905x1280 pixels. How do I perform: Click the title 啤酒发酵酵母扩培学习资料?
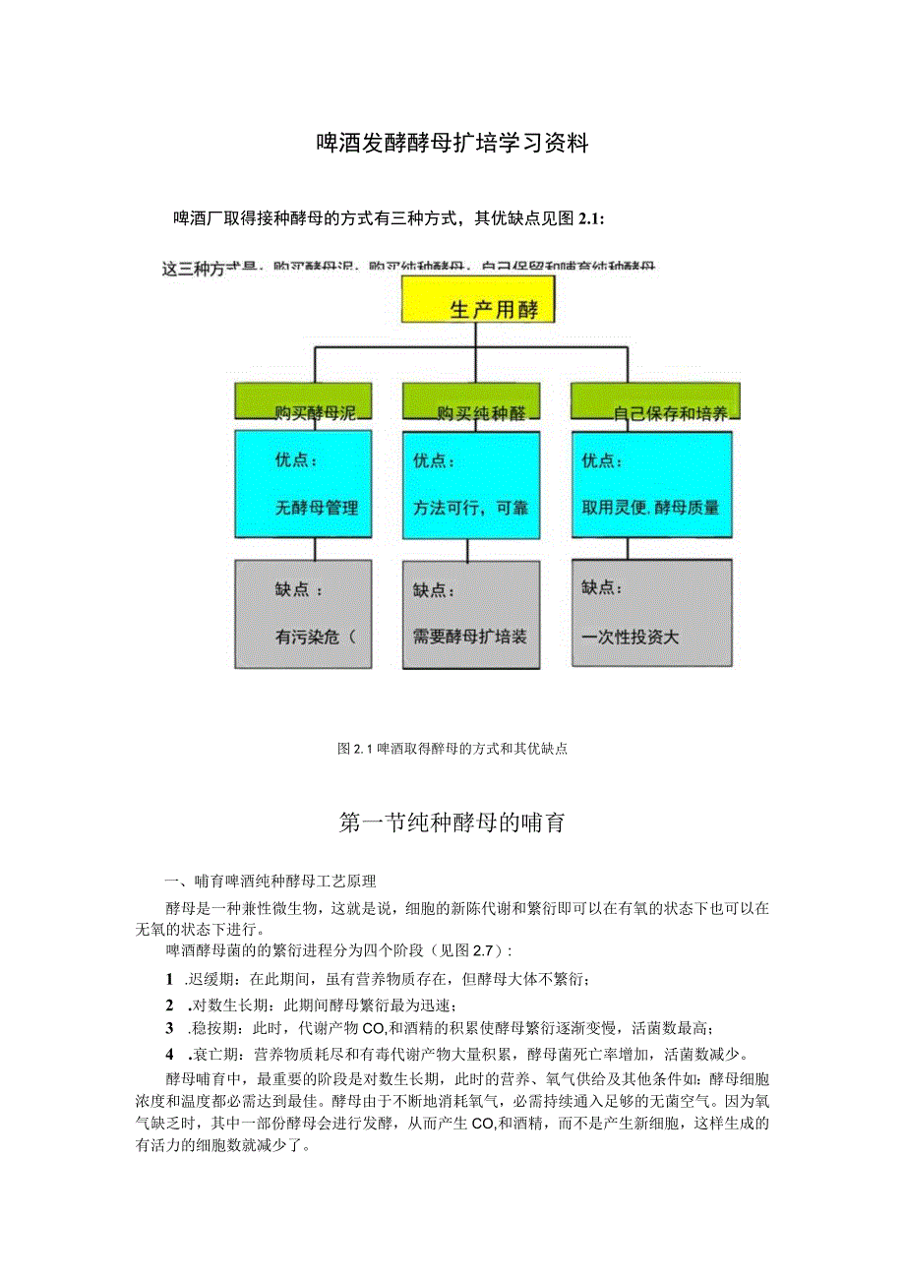(x=452, y=144)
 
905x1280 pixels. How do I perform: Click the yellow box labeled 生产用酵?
(x=478, y=300)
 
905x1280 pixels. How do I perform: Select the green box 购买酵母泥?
(x=303, y=402)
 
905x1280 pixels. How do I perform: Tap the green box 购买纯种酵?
(x=471, y=402)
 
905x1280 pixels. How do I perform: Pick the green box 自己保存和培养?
(x=655, y=402)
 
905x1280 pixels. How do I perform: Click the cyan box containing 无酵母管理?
(x=303, y=483)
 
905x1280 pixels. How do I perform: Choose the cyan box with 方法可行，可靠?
(x=471, y=483)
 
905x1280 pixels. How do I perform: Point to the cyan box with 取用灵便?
(x=651, y=483)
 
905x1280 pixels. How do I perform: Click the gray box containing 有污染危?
(x=303, y=614)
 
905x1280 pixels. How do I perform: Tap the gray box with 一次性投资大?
(x=651, y=612)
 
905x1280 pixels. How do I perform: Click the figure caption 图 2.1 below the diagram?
(x=452, y=749)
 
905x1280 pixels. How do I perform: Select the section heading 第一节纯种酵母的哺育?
(x=452, y=823)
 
